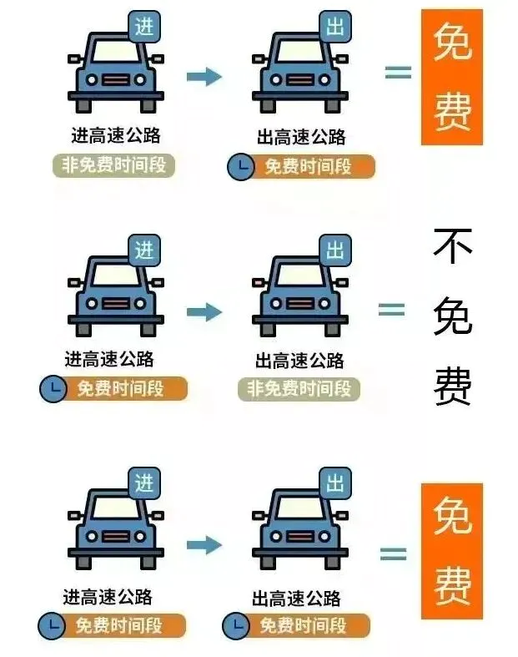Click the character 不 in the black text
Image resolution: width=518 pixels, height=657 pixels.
[x=452, y=246]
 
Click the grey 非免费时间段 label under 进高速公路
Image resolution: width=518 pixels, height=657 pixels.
[x=113, y=165]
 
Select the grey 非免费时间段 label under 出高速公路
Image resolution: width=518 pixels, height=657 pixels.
[x=299, y=389]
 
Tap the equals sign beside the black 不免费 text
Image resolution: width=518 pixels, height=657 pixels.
[x=391, y=310]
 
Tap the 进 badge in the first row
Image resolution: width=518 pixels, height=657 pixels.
[x=144, y=28]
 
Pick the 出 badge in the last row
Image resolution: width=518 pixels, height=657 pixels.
[x=335, y=483]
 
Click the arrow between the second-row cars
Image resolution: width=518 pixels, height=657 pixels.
[x=204, y=312]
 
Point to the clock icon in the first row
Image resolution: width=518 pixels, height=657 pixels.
[x=240, y=166]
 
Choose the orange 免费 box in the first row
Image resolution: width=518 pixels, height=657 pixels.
[x=452, y=77]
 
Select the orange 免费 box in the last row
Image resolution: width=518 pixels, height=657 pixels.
[x=452, y=551]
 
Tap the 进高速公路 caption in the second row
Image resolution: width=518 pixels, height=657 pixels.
[x=109, y=359]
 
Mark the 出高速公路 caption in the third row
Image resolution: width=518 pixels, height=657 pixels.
[x=296, y=598]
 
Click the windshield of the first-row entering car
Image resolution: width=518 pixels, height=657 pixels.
[x=116, y=51]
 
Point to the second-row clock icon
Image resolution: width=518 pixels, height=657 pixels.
[x=53, y=388]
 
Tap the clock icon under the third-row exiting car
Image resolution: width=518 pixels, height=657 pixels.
[x=236, y=625]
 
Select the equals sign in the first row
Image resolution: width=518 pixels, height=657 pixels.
[x=398, y=72]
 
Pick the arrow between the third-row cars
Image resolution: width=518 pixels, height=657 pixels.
[x=204, y=545]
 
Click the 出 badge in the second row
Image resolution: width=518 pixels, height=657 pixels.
[x=335, y=250]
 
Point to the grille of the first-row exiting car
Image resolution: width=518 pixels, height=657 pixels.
[x=299, y=79]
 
